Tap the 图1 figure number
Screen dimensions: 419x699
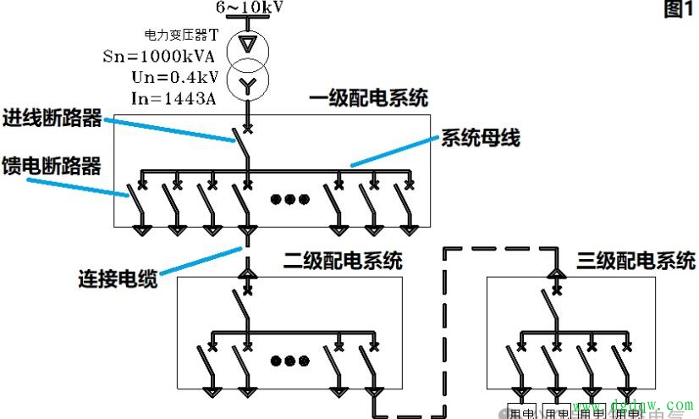tap(679, 9)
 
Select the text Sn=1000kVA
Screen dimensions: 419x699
tap(173, 57)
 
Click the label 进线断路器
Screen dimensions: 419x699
tap(52, 119)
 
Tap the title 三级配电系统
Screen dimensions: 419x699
tap(636, 260)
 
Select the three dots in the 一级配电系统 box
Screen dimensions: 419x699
tap(289, 200)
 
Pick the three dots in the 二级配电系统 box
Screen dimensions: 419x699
tap(289, 361)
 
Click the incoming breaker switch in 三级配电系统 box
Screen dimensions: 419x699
tap(557, 306)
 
